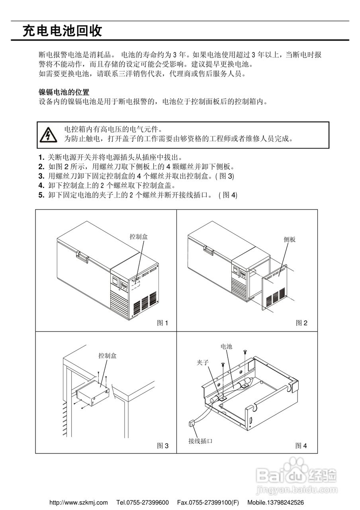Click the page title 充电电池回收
62,31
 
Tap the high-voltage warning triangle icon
48,135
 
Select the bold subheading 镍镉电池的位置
64,92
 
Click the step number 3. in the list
41,176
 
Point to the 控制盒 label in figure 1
139,237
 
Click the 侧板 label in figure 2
290,239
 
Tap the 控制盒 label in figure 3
108,356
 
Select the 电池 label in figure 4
226,347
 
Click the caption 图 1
162,323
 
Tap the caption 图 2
301,323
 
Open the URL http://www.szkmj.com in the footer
78,502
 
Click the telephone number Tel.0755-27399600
143,502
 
